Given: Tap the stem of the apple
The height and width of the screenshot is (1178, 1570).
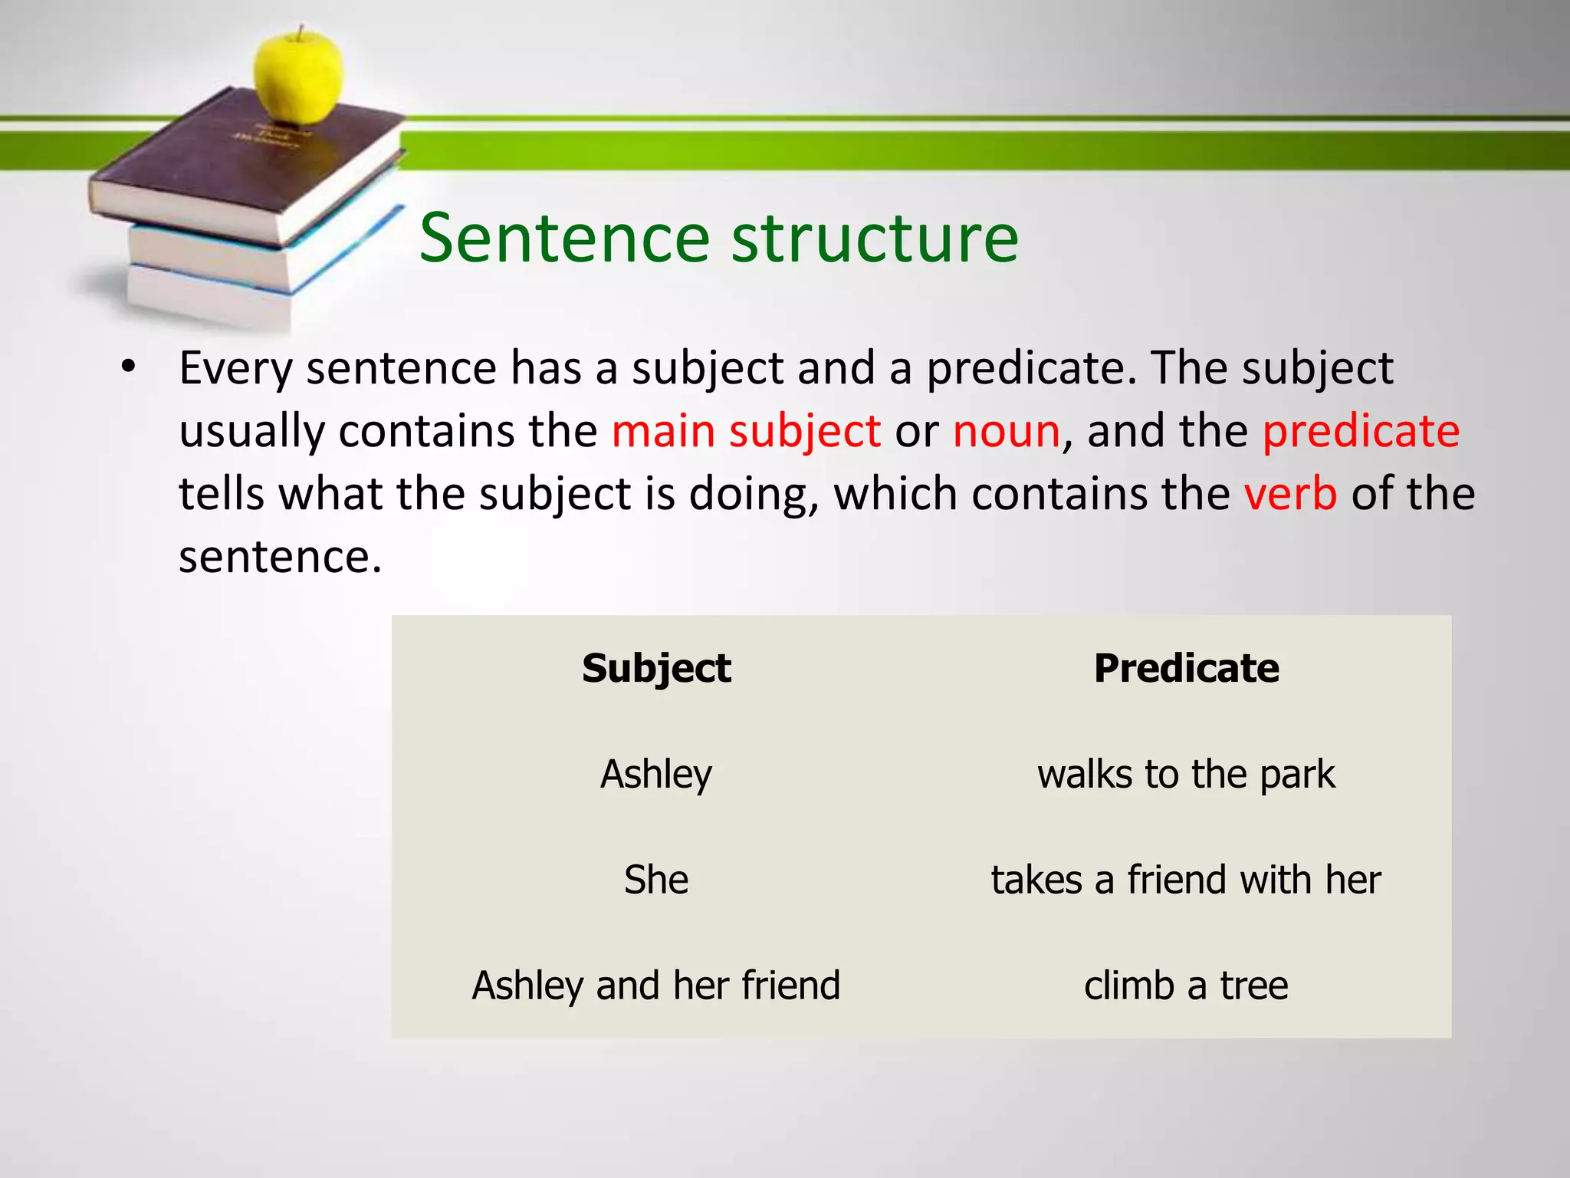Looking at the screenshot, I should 301,33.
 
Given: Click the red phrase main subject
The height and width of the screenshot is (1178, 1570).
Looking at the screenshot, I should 746,431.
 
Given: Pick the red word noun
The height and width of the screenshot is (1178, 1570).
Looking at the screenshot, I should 1007,431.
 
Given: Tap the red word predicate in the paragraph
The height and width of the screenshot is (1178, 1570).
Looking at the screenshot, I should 1361,431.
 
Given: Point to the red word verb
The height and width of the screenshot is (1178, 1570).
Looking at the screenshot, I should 1290,494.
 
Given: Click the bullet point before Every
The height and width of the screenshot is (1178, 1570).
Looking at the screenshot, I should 128,367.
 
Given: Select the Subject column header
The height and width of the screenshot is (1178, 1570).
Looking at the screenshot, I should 656,668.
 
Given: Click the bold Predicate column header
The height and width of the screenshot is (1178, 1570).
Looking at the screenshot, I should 1186,668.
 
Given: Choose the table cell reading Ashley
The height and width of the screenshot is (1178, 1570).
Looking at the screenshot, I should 656,774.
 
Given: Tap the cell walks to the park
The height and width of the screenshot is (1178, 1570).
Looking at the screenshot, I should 1186,774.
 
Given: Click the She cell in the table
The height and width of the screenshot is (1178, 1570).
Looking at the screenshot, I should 656,880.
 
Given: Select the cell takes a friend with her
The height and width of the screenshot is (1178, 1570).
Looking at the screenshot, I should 1186,880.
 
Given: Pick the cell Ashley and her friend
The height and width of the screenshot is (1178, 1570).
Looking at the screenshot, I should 656,986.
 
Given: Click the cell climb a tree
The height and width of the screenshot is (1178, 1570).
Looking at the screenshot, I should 1186,986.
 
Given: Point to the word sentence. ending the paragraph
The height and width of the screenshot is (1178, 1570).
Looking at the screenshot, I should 280,557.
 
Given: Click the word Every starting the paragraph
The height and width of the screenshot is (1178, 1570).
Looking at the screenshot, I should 235,368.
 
